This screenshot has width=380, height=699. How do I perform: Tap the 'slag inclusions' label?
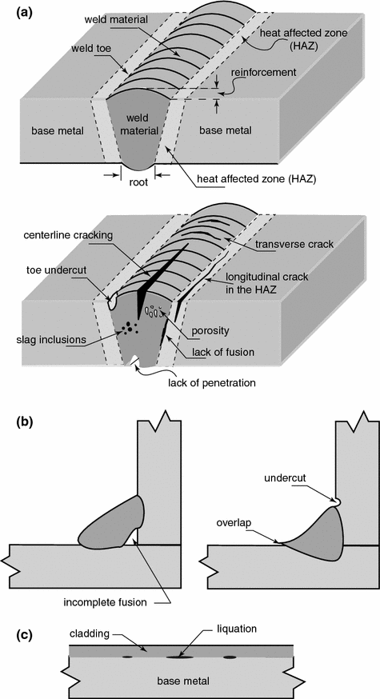[x=50, y=339]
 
